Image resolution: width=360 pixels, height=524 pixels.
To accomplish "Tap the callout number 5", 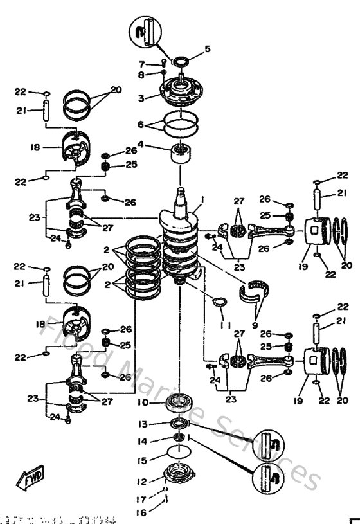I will [207, 48].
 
